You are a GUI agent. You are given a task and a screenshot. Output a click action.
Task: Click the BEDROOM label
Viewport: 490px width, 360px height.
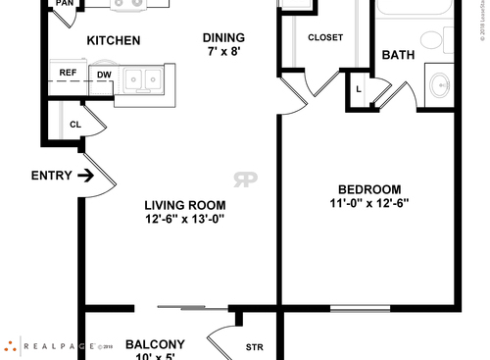369,189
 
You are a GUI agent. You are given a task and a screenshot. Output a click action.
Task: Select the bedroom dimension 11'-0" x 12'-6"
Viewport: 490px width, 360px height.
369,204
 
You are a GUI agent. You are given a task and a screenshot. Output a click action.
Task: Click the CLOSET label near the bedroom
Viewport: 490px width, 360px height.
325,38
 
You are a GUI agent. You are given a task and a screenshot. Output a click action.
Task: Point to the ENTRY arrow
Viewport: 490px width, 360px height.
85,177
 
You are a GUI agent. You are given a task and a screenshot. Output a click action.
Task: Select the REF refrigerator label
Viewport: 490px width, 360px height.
68,73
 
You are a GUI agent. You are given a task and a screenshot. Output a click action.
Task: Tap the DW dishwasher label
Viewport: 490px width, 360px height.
103,74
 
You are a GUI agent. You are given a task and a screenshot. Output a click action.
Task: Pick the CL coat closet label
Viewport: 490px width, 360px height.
75,125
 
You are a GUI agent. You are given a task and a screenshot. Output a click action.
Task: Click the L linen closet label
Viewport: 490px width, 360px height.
360,90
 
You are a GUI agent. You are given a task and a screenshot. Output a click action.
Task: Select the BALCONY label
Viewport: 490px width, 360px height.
155,344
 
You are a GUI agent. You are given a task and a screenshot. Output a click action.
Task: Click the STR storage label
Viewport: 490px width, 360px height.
255,347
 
